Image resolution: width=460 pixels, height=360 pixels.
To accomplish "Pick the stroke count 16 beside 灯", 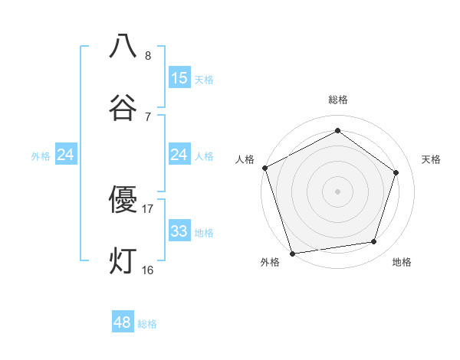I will click(147, 270).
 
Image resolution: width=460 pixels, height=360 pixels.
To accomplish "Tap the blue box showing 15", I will click(179, 78).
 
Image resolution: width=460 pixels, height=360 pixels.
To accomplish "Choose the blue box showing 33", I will click(179, 231).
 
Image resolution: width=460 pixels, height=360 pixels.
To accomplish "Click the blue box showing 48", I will click(123, 322).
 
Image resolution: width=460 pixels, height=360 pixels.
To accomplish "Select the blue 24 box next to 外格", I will click(66, 155).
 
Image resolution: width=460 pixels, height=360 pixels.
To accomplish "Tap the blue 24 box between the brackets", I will click(179, 155).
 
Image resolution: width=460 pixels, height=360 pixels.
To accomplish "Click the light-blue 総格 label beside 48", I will click(147, 324).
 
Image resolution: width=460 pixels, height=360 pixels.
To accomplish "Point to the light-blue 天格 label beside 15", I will click(204, 80).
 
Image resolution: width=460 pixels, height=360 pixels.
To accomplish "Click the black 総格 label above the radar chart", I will click(337, 100).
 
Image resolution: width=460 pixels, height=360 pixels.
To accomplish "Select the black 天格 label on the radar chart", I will click(431, 159).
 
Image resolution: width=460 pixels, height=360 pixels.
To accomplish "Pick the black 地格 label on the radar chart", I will click(402, 262).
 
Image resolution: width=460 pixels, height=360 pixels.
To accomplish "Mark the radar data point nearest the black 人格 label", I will click(264, 168).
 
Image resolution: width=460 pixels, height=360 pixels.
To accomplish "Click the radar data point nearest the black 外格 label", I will click(292, 253).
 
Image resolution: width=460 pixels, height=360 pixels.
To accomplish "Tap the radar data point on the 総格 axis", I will click(337, 130).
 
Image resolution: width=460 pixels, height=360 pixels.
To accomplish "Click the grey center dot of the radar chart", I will click(337, 191).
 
